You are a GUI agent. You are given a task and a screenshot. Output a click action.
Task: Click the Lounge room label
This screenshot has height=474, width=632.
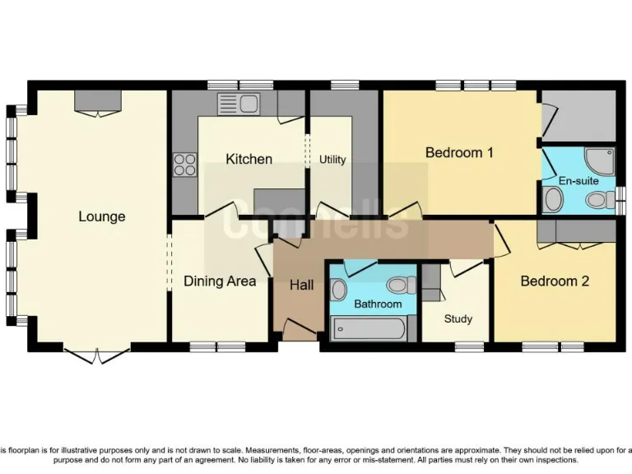pos(102,216)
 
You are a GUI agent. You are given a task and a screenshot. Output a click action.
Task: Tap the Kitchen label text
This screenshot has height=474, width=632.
pos(249,159)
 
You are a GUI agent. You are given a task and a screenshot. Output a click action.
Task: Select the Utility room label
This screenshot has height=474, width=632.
pos(332,160)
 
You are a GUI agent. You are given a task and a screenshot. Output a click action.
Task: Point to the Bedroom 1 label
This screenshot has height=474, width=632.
pos(459,152)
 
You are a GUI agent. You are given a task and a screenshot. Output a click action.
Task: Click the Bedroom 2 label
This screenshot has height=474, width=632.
pos(555,281)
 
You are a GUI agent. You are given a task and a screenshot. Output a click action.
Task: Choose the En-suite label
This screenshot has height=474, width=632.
pos(578,181)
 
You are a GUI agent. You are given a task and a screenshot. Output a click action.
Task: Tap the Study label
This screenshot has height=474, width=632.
pos(458,319)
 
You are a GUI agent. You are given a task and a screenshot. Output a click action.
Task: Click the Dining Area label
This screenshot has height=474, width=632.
pos(220,281)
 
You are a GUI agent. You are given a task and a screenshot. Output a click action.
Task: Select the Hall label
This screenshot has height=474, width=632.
pos(301,286)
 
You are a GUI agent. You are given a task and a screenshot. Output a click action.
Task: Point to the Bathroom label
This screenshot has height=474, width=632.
pos(378,304)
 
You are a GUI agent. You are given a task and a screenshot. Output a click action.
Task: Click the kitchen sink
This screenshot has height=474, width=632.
pos(238,104)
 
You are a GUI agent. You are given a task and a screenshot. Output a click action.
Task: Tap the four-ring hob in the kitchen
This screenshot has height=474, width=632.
pos(185,165)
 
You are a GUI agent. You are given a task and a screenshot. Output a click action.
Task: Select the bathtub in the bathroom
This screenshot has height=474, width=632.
pos(368,329)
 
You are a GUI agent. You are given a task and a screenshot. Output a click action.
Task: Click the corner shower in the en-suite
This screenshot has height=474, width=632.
pos(599,162)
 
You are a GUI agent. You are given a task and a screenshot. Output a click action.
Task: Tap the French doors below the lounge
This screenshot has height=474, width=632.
pos(97,355)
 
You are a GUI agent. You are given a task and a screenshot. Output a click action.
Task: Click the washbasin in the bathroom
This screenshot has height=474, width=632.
pos(339,289)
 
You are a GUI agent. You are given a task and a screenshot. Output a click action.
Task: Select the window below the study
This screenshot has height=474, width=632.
pos(469,346)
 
